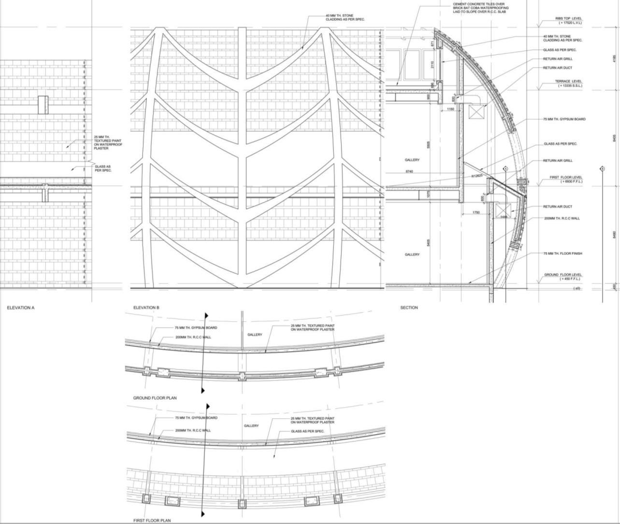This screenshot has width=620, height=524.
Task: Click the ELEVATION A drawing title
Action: [21, 308]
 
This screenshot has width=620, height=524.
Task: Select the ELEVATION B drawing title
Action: [146, 308]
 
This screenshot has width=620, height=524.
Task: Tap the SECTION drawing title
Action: [409, 308]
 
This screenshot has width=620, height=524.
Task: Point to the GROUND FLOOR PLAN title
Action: [155, 398]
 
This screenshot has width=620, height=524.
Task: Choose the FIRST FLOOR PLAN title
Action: [152, 521]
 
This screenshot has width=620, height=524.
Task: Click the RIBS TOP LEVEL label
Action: [568, 19]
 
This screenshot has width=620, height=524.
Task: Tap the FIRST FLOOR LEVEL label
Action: [566, 178]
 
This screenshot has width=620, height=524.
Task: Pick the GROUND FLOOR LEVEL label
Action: [563, 275]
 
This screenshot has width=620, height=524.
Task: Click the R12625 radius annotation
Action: [477, 176]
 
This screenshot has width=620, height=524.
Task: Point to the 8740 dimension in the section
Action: [409, 171]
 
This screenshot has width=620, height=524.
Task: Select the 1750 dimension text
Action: [476, 212]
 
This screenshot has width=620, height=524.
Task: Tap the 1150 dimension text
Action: [450, 109]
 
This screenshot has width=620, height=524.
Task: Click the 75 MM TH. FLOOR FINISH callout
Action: [563, 254]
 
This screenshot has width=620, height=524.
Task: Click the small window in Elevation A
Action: [43, 104]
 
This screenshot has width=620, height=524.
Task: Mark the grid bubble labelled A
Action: [505, 169]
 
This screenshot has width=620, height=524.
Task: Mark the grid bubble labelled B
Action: [602, 169]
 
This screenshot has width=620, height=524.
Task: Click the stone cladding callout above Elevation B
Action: [345, 18]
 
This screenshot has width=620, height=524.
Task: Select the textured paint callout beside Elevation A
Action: [108, 142]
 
